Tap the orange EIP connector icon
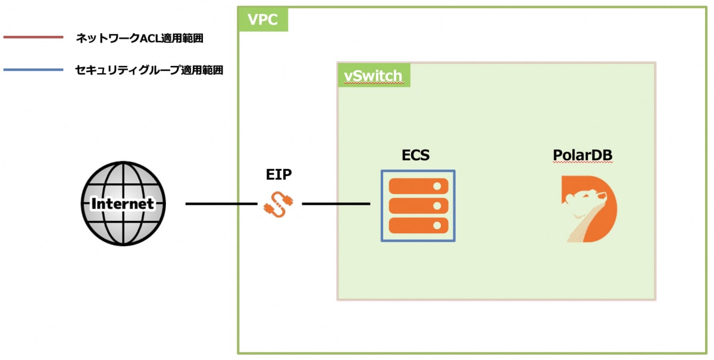275,204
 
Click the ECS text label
415,155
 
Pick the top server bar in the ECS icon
418,186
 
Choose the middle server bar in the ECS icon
418,206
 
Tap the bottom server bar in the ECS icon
418,226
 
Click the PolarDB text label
583,155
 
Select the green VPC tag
263,20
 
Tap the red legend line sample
33,37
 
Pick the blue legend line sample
33,70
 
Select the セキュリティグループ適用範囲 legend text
149,70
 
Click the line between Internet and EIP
221,204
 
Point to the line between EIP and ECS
336,204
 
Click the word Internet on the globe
123,204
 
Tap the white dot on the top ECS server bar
438,186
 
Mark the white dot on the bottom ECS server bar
438,226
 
